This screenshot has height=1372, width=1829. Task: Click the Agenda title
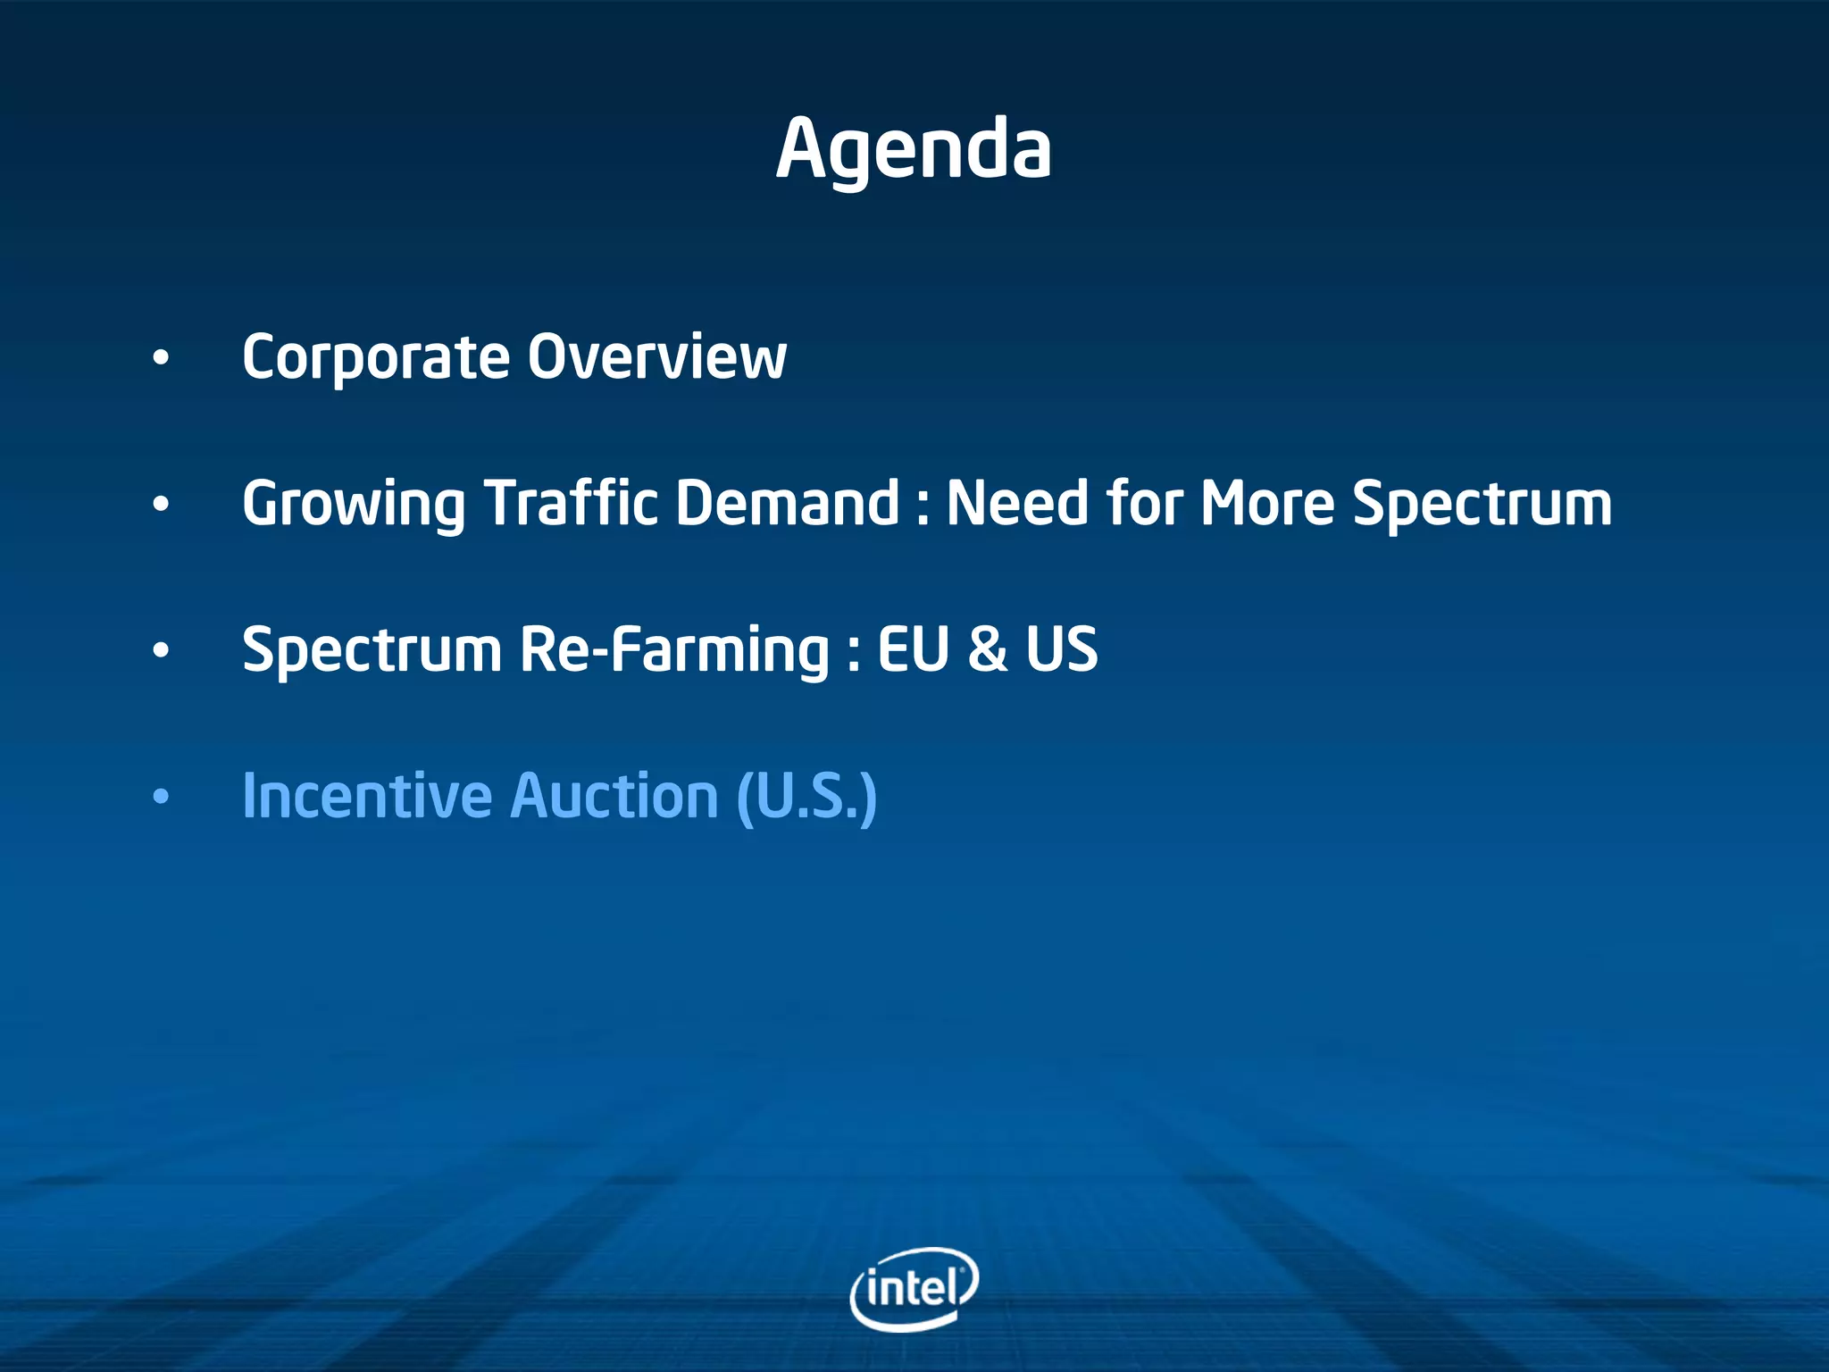pos(914,150)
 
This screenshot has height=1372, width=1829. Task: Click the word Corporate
pos(375,357)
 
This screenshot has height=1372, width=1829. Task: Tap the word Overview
pos(656,357)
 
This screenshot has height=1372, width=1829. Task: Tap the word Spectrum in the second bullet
pos(1482,506)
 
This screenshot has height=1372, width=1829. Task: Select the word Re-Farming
pos(674,650)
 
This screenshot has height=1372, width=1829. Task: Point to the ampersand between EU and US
pos(987,649)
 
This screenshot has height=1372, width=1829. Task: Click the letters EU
pos(913,649)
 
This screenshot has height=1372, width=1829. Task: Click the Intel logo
pos(914,1288)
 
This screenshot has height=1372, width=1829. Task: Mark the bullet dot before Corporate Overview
pos(160,359)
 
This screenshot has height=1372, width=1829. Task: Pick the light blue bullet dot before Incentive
pos(160,797)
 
